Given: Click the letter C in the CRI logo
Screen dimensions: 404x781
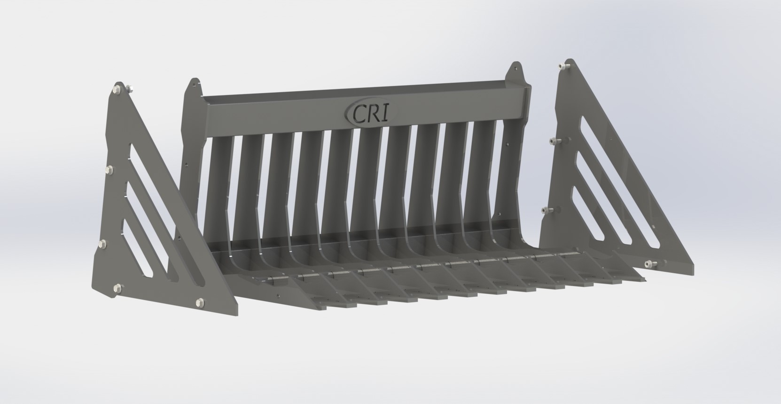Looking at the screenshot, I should [359, 113].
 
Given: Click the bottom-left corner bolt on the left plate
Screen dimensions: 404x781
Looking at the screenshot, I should [116, 286].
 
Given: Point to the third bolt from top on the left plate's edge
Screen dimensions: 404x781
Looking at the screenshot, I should [103, 243].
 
